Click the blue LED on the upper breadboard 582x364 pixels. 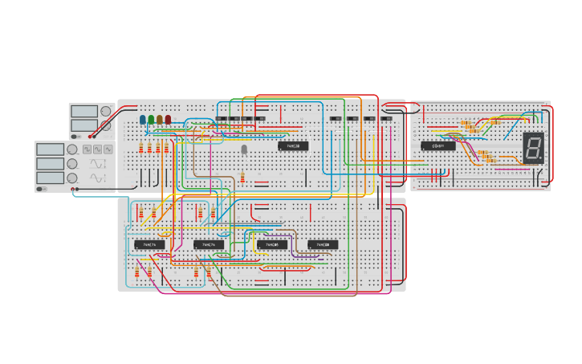pos(143,120)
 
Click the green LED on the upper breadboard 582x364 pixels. pos(151,120)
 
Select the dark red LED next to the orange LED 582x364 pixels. pos(168,120)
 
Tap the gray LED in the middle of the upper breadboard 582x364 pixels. pos(244,149)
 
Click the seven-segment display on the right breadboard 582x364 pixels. pos(534,147)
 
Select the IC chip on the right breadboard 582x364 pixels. pos(438,146)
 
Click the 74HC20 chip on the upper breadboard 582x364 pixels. pos(293,146)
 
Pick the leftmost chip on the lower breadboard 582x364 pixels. pos(149,244)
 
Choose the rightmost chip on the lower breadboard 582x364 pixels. pos(323,244)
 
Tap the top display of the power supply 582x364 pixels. pos(83,112)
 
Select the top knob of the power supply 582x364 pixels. pos(106,112)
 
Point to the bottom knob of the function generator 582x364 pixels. pos(72,178)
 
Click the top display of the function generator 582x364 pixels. pos(50,149)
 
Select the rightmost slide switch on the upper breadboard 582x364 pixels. pos(386,119)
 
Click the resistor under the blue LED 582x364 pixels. pos(141,148)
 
